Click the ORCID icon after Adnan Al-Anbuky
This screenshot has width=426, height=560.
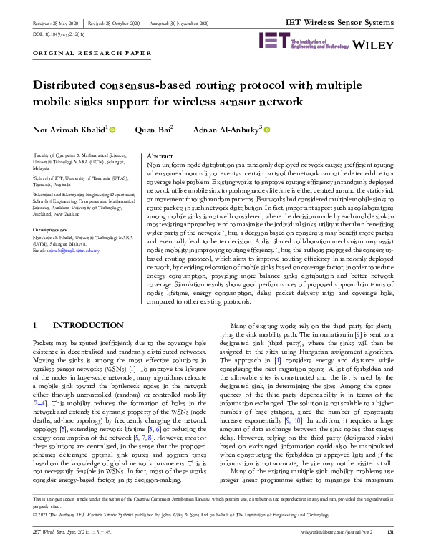click(x=267, y=130)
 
